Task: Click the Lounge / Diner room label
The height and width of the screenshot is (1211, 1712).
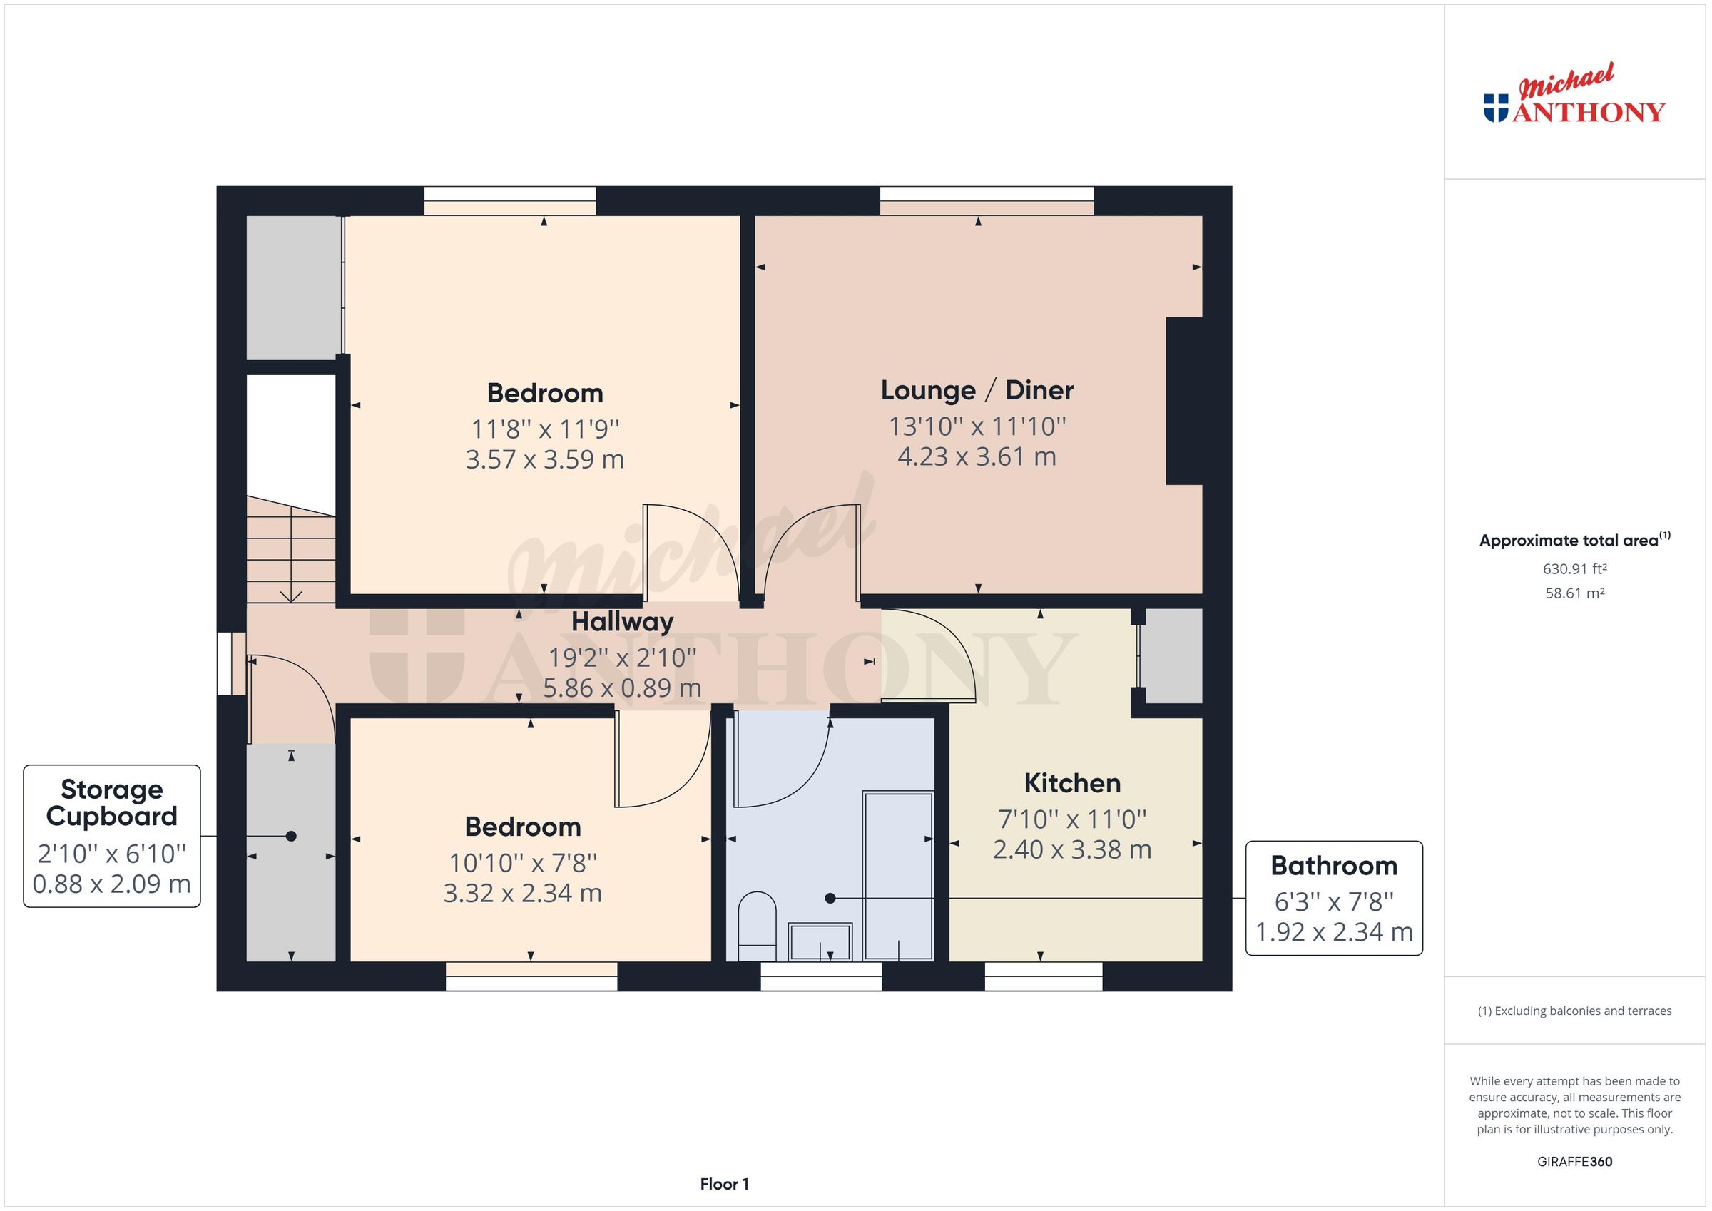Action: click(977, 391)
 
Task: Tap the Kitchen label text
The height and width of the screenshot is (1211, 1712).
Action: click(1072, 784)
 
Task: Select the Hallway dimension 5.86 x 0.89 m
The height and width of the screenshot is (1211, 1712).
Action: click(622, 688)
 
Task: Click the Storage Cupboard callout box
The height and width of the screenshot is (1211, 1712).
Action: click(112, 836)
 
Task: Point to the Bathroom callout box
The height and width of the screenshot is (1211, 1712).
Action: click(1334, 898)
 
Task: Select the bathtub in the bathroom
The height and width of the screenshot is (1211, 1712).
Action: click(898, 877)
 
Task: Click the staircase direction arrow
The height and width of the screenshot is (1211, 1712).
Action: click(291, 593)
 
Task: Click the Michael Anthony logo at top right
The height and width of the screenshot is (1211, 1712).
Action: click(1574, 97)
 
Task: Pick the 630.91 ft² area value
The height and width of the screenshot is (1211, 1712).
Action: click(1574, 569)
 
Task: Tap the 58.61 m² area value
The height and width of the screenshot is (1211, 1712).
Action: click(1574, 593)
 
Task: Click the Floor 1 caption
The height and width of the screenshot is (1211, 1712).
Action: click(724, 1184)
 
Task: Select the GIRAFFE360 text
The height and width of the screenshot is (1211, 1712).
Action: click(1574, 1162)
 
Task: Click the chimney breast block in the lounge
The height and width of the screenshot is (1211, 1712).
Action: click(1184, 402)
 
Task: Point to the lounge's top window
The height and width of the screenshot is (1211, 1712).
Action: click(987, 200)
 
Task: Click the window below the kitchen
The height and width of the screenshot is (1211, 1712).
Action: click(1043, 976)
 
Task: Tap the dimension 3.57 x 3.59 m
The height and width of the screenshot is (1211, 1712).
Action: click(544, 459)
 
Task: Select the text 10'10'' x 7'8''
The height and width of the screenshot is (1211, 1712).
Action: click(523, 864)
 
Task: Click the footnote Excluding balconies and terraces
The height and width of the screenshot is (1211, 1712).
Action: click(1574, 1011)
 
